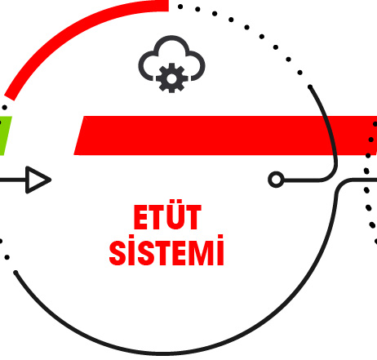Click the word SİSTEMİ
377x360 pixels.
coord(166,251)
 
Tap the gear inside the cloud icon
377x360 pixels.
coord(171,78)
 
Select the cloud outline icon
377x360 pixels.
coord(171,58)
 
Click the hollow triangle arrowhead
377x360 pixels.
coord(38,180)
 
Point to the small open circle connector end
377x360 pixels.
coord(276,180)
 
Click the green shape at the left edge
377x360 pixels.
coord(5,136)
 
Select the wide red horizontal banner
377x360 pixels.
coord(225,136)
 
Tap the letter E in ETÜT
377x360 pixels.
coord(141,217)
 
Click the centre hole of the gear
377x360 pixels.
coord(171,78)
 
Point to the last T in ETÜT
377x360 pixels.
coord(193,217)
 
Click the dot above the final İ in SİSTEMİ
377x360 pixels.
coord(220,237)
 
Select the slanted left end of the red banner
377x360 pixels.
coord(79,136)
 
